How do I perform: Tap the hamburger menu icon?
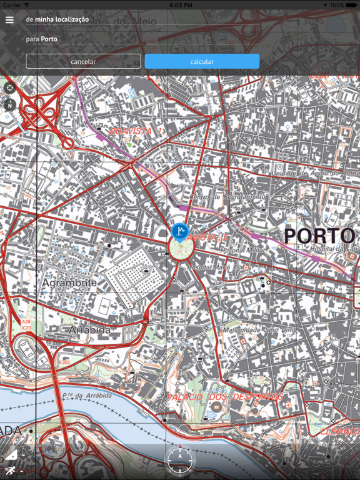(x=9, y=20)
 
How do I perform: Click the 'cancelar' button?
(x=83, y=61)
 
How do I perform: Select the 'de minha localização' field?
(x=57, y=20)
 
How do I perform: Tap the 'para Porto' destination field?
(x=42, y=39)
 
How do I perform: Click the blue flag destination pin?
(x=179, y=232)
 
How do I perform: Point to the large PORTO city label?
(x=319, y=236)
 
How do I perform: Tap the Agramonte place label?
(x=69, y=283)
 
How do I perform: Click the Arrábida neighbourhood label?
(x=89, y=329)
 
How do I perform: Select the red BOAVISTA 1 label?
(x=136, y=131)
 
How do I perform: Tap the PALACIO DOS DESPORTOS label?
(x=224, y=397)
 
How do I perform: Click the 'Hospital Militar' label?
(x=242, y=250)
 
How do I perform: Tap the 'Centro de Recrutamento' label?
(x=219, y=197)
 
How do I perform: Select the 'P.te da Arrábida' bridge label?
(x=87, y=396)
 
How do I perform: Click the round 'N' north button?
(x=10, y=106)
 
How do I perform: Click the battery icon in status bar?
(x=351, y=5)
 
